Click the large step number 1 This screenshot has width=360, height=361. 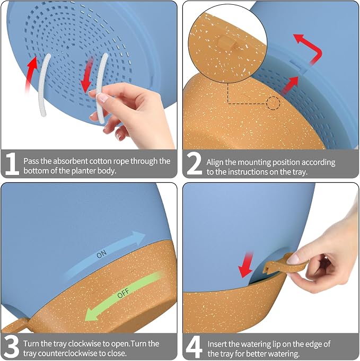pos(12,163)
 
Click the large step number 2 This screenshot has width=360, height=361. pos(194,163)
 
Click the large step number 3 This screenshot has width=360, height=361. pos(11,346)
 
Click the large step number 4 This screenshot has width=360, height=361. pos(194,346)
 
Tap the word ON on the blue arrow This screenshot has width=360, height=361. pos(102,254)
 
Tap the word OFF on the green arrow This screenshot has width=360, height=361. pos(123,293)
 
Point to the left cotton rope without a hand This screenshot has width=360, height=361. pos(44,85)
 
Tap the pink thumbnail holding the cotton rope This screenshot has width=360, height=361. pos(103,98)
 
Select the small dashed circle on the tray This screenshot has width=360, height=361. pos(273,103)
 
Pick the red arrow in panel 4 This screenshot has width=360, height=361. pos(246,265)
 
